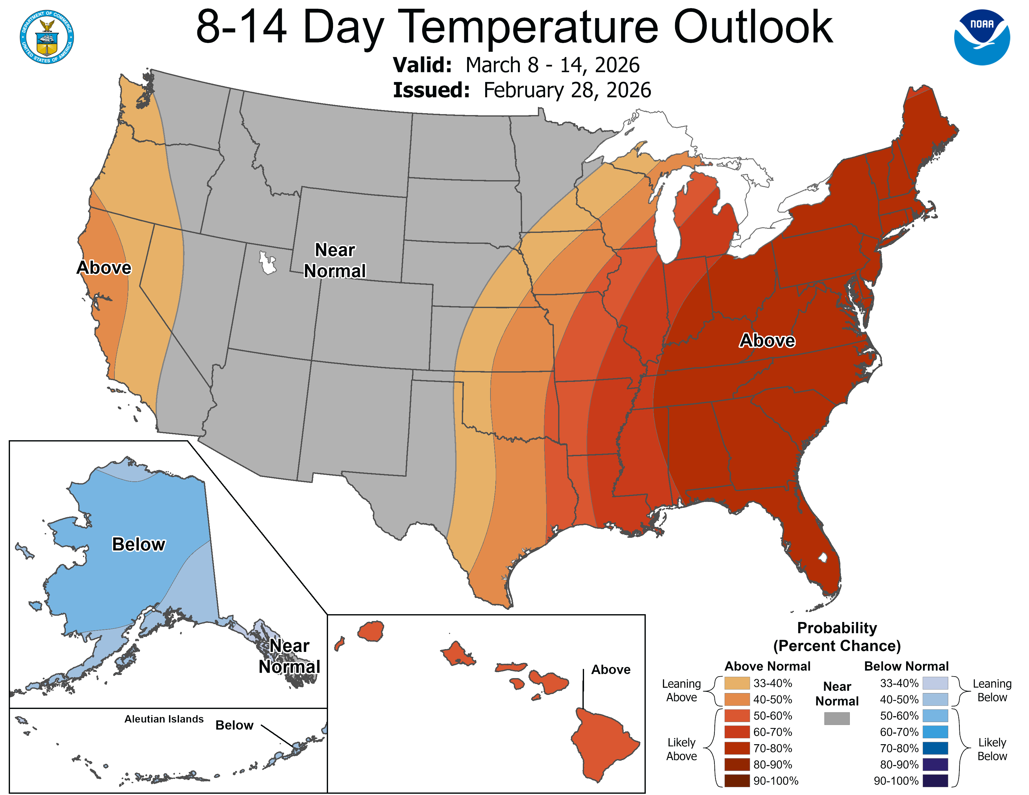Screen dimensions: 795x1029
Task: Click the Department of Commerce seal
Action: tap(47, 37)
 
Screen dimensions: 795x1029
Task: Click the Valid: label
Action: tap(422, 65)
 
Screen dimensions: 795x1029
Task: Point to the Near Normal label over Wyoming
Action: tap(335, 260)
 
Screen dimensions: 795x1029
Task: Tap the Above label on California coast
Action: tap(104, 267)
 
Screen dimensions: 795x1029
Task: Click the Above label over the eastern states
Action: tap(767, 340)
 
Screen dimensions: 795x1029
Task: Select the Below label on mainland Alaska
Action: tap(138, 544)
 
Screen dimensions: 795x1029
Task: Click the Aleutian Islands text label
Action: tap(164, 719)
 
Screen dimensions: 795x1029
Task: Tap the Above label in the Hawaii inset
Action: tap(611, 669)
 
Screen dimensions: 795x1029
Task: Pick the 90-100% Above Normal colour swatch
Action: tap(737, 781)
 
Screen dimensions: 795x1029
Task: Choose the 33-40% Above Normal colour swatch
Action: tap(737, 683)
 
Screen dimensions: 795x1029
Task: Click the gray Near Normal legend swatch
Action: tap(837, 718)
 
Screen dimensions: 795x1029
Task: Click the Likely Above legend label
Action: tap(681, 749)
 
